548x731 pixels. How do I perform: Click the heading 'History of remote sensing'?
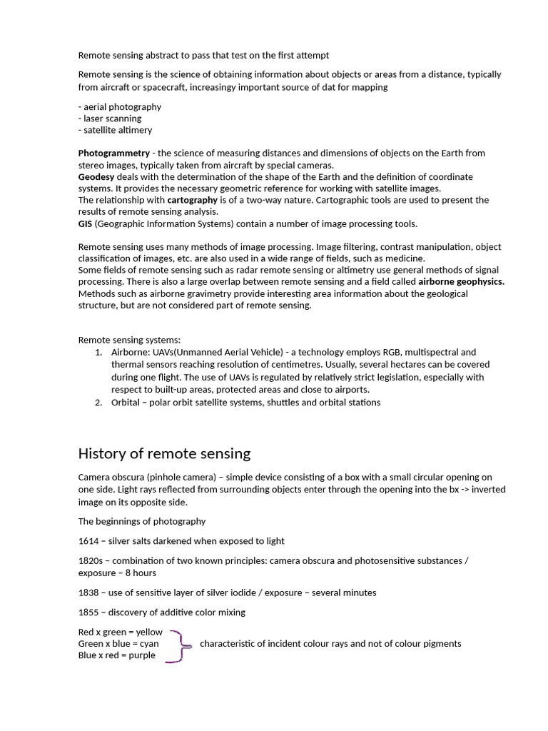pyautogui.click(x=164, y=453)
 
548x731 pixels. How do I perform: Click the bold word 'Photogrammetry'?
pyautogui.click(x=114, y=153)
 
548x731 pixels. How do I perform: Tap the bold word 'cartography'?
pyautogui.click(x=193, y=200)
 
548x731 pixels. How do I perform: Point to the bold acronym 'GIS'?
pyautogui.click(x=85, y=223)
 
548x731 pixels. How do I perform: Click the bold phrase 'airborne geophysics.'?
pyautogui.click(x=461, y=281)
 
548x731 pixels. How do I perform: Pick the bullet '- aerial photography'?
pyautogui.click(x=120, y=106)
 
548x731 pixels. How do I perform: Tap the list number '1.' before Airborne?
pyautogui.click(x=98, y=352)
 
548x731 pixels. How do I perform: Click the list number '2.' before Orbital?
pyautogui.click(x=98, y=402)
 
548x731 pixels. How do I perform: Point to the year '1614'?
pyautogui.click(x=88, y=540)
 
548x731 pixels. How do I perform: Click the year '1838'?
pyautogui.click(x=88, y=592)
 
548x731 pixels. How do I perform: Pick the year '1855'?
pyautogui.click(x=88, y=612)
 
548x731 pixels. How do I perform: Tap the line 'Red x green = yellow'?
pyautogui.click(x=120, y=632)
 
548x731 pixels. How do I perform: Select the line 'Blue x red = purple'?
pyautogui.click(x=116, y=655)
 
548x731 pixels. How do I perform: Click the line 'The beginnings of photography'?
pyautogui.click(x=142, y=520)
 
